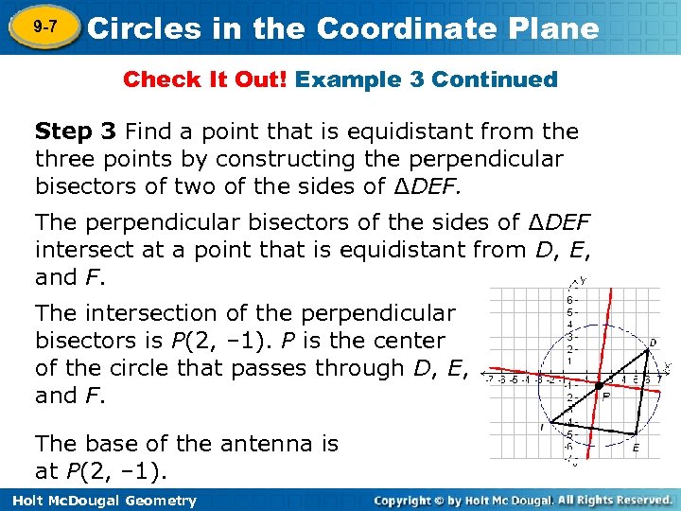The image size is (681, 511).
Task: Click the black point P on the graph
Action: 599,385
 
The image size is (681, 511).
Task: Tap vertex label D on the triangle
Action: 654,343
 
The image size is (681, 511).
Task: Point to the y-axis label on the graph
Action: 583,280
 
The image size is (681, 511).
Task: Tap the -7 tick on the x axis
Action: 489,380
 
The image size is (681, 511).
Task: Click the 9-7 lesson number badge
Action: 39,28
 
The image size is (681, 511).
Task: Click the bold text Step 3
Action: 76,131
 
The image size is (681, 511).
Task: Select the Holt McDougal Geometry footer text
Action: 100,501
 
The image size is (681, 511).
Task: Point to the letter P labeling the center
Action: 606,398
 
